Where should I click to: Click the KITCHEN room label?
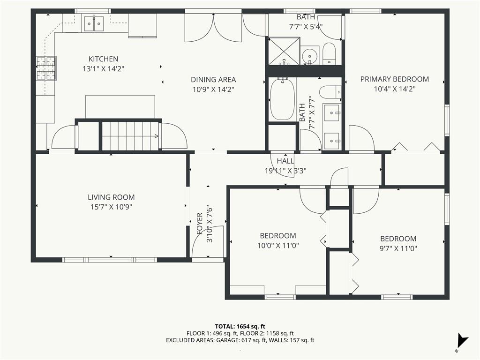(x=103, y=59)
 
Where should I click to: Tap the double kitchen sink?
(x=94, y=23)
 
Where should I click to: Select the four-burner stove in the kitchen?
(x=46, y=68)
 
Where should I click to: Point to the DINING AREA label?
(x=213, y=80)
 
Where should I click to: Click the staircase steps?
(x=130, y=136)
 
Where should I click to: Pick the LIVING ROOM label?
(x=111, y=197)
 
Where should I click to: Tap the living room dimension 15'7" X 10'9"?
(x=111, y=207)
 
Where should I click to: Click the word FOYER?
(x=200, y=224)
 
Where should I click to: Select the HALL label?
(x=285, y=161)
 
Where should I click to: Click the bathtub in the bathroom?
(x=282, y=99)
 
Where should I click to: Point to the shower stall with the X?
(x=284, y=51)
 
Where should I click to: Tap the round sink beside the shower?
(x=309, y=56)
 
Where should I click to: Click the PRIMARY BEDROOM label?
(x=395, y=79)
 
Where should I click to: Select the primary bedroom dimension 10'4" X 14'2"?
(x=395, y=89)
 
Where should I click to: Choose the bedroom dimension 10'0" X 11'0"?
(x=278, y=246)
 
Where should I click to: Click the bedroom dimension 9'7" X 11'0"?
(x=398, y=248)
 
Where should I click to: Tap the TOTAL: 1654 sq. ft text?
(x=240, y=326)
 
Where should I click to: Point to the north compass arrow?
(x=462, y=340)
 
